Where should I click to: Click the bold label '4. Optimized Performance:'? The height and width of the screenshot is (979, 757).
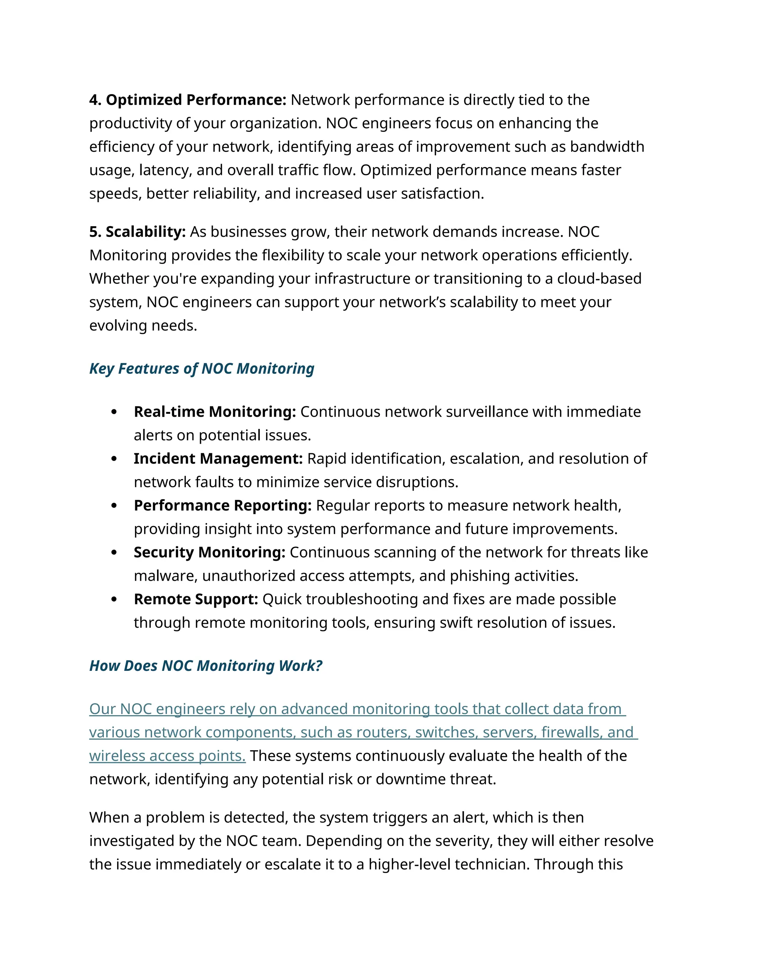click(187, 100)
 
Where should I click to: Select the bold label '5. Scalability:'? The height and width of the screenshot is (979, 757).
click(137, 232)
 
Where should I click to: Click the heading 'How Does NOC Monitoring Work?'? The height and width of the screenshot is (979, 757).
click(206, 666)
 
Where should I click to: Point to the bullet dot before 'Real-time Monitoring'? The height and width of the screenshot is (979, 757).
click(114, 412)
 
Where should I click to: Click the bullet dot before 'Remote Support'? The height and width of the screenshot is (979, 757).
click(114, 599)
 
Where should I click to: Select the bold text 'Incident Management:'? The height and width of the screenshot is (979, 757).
click(218, 458)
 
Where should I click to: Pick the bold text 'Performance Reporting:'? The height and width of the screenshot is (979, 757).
click(223, 506)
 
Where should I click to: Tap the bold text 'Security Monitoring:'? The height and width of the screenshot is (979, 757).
click(210, 552)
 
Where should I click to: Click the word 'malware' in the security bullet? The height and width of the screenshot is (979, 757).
click(166, 576)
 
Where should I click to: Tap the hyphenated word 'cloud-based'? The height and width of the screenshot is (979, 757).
click(599, 279)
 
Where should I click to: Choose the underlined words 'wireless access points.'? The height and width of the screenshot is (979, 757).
click(167, 756)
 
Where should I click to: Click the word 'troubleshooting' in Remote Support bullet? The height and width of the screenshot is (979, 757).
click(360, 599)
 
